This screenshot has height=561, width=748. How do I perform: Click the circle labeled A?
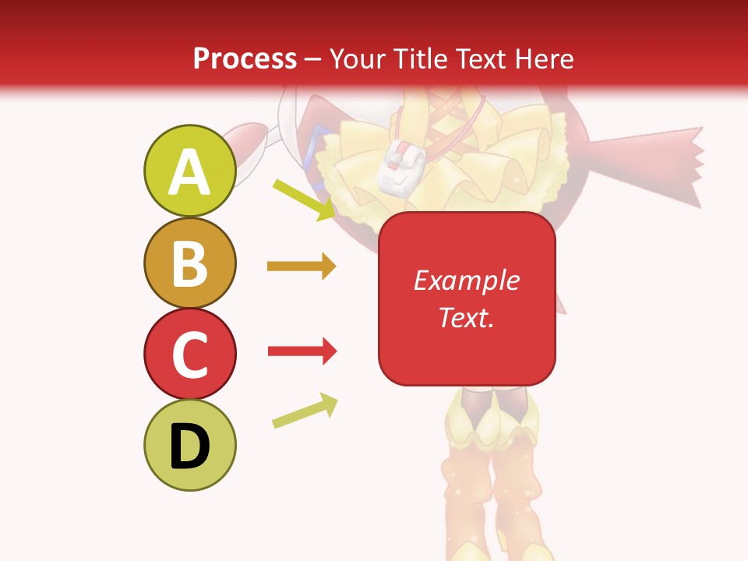[x=189, y=171]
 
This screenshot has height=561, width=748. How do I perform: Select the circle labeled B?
[x=189, y=263]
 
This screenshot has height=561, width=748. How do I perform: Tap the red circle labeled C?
[x=189, y=354]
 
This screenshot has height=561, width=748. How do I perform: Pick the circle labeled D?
[x=189, y=445]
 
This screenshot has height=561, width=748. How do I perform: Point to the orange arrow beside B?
[x=302, y=266]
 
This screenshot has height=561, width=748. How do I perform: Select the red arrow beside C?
[x=302, y=351]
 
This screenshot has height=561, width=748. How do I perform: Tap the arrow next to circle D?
[x=305, y=411]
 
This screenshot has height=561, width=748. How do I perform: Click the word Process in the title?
[x=245, y=59]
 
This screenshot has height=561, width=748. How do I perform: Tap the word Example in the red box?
[x=467, y=280]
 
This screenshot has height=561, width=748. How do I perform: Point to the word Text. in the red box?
[x=467, y=317]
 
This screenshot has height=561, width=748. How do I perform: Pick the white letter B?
[x=189, y=263]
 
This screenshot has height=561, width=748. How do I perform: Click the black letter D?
[x=189, y=446]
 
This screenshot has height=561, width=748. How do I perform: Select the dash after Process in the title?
[x=312, y=59]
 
